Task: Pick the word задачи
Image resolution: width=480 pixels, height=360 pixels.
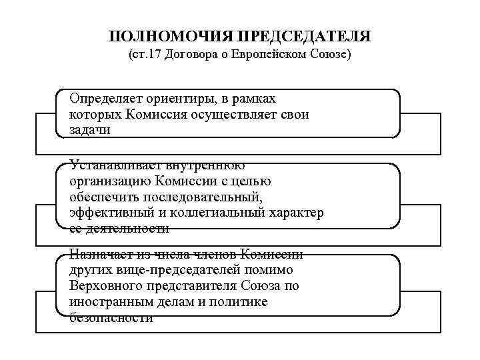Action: [x=89, y=130]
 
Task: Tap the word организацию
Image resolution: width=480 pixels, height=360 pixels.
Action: [x=109, y=181]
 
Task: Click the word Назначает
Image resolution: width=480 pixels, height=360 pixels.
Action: [x=100, y=255]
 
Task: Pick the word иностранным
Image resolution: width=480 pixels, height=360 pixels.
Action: [x=107, y=302]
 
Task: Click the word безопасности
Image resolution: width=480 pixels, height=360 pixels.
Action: [x=111, y=318]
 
